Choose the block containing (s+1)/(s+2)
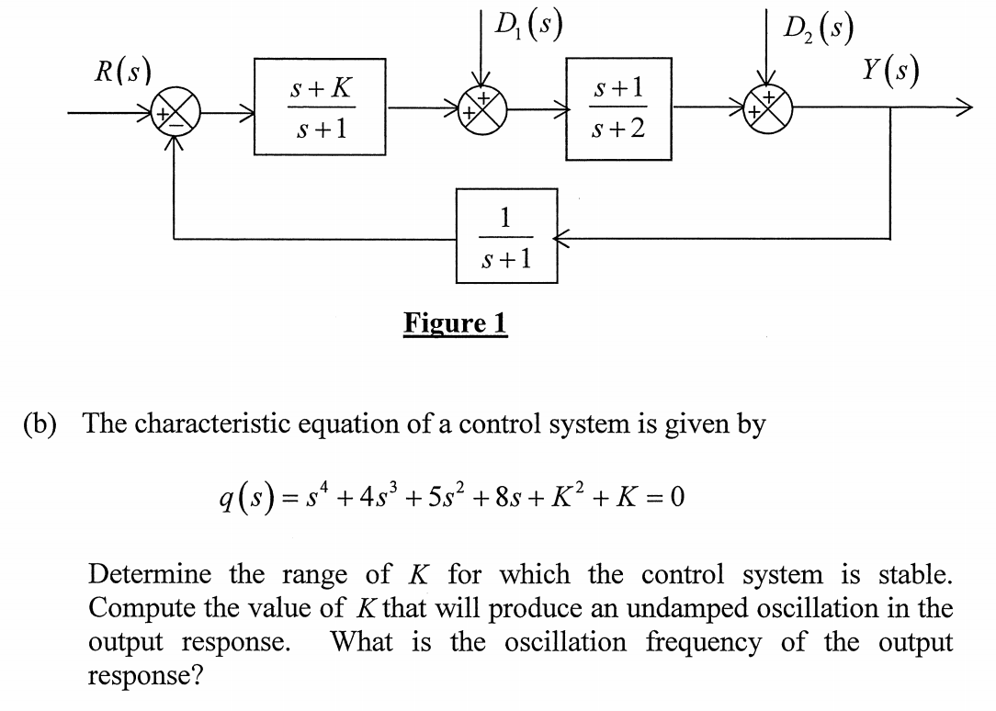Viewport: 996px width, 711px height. pyautogui.click(x=618, y=108)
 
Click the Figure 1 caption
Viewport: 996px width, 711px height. pyautogui.click(x=456, y=323)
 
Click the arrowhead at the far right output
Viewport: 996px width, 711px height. pyautogui.click(x=959, y=109)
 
